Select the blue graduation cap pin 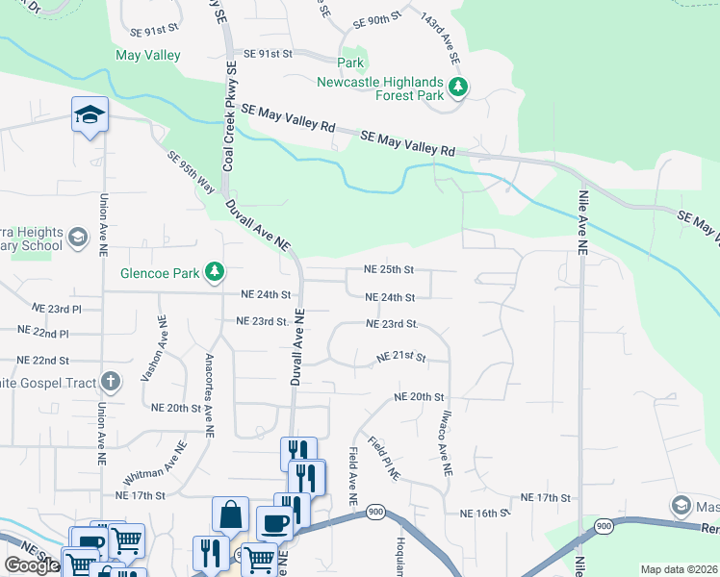90,115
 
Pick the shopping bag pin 231,514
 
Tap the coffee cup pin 274,523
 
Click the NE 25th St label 389,270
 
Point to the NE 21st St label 400,357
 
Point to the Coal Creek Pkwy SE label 230,117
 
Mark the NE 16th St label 483,514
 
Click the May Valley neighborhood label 148,55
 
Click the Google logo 32,565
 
